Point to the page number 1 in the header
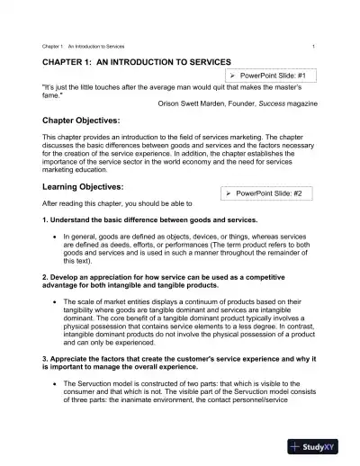pyautogui.click(x=312, y=46)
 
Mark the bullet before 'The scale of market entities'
pyautogui.click(x=56, y=300)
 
